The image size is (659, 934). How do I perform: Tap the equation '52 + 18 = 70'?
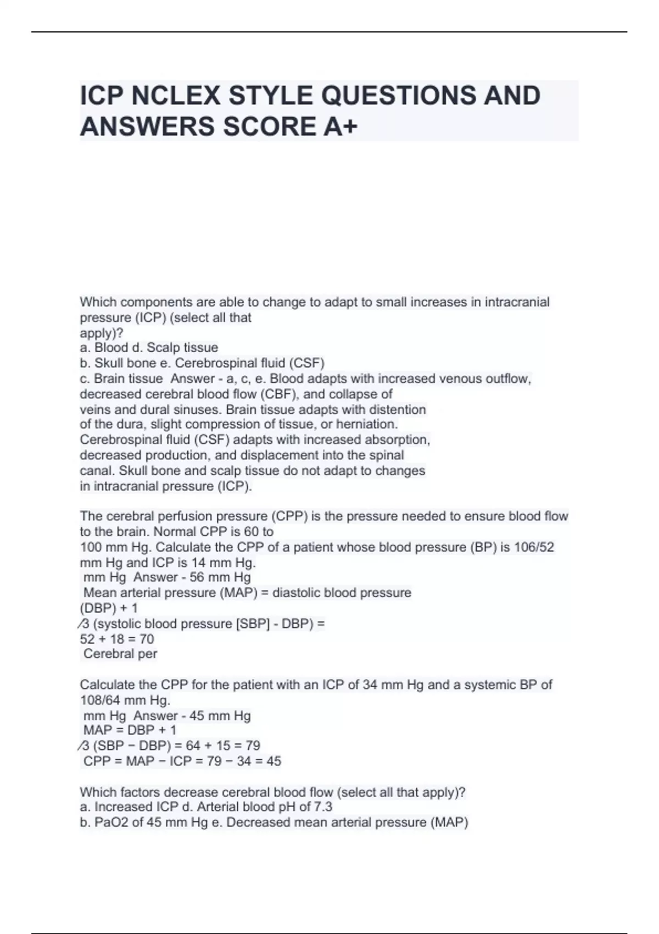click(117, 639)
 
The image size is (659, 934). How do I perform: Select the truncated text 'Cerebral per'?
click(120, 654)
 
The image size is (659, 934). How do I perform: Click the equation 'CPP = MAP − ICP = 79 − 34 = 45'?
click(182, 761)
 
